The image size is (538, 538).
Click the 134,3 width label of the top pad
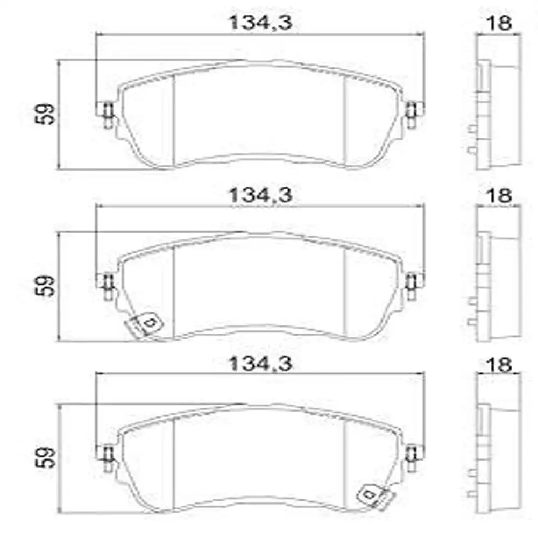pyautogui.click(x=260, y=22)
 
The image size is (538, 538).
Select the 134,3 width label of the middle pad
pyautogui.click(x=260, y=195)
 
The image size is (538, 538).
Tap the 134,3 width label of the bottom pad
pyautogui.click(x=260, y=363)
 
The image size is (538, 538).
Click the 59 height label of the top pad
pyautogui.click(x=45, y=114)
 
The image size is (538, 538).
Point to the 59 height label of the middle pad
pyautogui.click(x=45, y=286)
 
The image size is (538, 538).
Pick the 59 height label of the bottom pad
pyautogui.click(x=45, y=457)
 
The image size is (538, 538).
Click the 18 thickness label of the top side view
pyautogui.click(x=499, y=23)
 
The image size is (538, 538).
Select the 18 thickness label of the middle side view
pyautogui.click(x=499, y=196)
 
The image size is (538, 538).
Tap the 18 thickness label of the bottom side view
pyautogui.click(x=499, y=364)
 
